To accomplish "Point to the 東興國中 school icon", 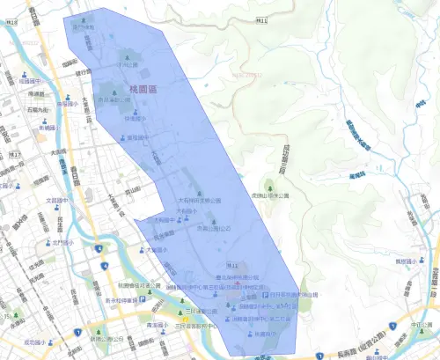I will (x=122, y=138).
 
